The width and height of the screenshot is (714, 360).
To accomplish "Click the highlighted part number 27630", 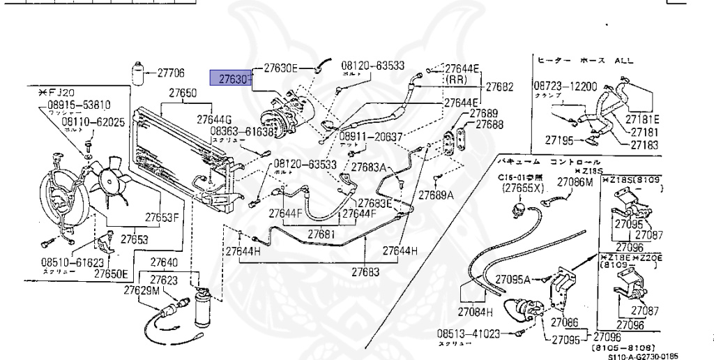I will (230, 80).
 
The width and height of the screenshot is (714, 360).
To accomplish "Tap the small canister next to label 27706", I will (139, 72).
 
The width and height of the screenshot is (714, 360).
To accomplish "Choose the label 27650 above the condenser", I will (183, 93).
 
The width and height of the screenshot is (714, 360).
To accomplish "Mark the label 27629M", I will (142, 290).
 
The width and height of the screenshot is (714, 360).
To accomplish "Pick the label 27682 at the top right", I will (499, 87).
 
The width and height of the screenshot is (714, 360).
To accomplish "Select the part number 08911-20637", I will (372, 137).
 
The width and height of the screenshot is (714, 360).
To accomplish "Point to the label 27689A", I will (436, 195).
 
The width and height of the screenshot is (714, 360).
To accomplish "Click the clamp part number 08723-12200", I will (565, 87).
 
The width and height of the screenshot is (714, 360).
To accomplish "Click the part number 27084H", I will (476, 311).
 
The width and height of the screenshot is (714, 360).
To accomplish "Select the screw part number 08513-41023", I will (469, 333).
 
